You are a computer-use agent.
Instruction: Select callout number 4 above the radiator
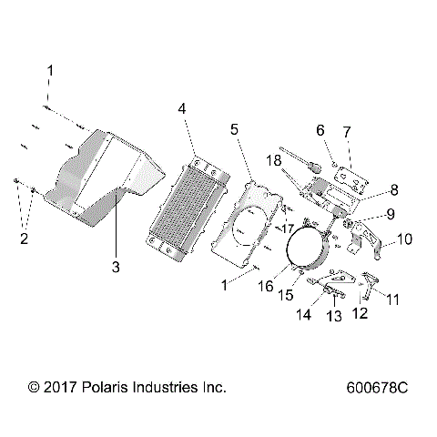coord(182,108)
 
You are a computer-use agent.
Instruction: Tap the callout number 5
coord(235,130)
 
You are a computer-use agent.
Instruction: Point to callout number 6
coord(320,131)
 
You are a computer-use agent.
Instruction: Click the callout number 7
coord(345,131)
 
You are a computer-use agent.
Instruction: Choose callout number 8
coord(369,190)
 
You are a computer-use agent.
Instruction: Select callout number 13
coord(334,315)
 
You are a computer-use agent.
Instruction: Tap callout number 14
coord(304,314)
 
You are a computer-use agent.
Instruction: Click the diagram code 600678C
coord(376,388)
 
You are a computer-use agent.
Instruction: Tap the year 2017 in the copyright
coord(61,388)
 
